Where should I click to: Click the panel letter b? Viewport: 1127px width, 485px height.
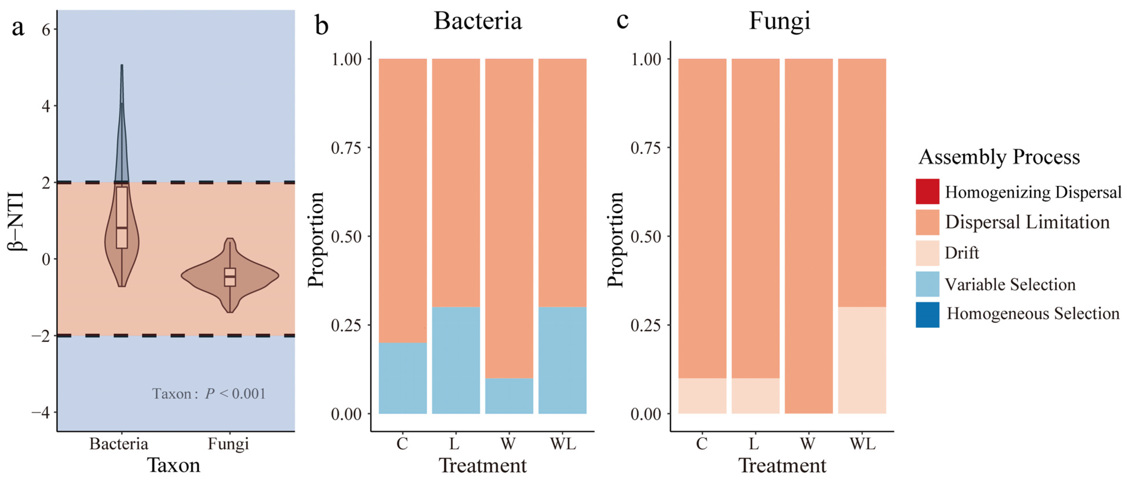(x=322, y=25)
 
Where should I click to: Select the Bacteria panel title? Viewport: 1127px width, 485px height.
(x=478, y=21)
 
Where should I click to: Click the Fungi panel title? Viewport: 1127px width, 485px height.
(x=780, y=21)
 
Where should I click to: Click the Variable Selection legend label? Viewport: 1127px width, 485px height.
(x=1010, y=284)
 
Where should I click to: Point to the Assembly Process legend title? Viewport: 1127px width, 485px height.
(x=999, y=157)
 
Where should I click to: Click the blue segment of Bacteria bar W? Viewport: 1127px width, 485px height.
(x=509, y=396)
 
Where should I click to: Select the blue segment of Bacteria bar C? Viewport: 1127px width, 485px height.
(x=402, y=378)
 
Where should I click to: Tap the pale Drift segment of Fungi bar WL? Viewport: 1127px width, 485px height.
(x=862, y=360)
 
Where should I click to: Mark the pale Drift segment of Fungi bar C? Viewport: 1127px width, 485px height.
(x=702, y=396)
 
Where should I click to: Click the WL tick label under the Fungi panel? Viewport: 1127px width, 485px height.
(x=862, y=444)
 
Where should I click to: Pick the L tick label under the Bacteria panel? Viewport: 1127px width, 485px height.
(x=454, y=444)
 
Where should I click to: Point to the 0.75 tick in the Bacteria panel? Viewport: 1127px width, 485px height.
(x=346, y=148)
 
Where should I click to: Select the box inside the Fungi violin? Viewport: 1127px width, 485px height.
(x=230, y=277)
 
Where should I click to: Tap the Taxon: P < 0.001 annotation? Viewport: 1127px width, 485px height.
(x=209, y=393)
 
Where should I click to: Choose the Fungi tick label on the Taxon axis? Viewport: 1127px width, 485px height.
(x=228, y=444)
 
